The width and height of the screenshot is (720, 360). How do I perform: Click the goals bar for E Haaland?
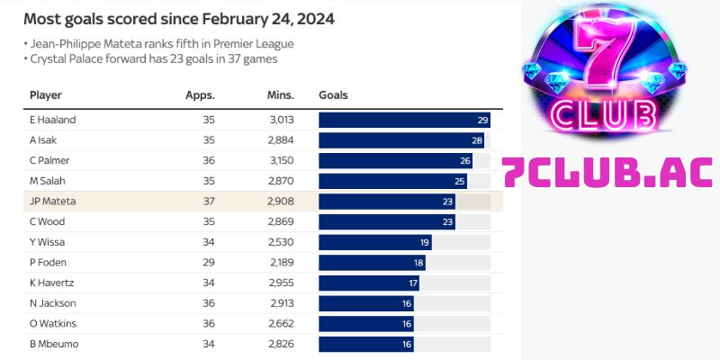(x=404, y=120)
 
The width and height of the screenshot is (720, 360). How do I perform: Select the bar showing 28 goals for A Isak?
(x=401, y=140)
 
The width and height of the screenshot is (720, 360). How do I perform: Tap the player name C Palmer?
(x=49, y=160)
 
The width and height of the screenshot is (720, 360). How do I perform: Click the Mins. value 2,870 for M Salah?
(x=280, y=181)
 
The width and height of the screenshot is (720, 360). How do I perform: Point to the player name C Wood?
(x=48, y=221)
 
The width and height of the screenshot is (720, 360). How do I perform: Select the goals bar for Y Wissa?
(x=375, y=242)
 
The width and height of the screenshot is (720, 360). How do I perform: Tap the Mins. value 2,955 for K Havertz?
(x=280, y=283)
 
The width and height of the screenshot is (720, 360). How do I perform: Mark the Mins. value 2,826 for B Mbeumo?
(x=280, y=344)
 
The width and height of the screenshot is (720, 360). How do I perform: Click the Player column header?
(x=45, y=95)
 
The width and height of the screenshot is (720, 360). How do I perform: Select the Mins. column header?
(x=280, y=95)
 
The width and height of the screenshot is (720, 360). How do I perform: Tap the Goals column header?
(x=333, y=95)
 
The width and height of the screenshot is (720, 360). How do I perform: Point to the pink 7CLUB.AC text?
(x=608, y=172)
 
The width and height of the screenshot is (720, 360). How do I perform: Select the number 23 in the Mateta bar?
(x=446, y=202)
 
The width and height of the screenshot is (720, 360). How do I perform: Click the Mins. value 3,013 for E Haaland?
(x=280, y=120)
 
